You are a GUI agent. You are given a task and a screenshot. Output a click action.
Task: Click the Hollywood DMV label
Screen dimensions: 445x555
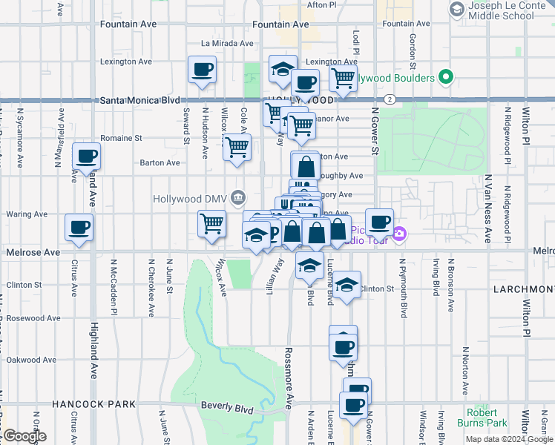190,199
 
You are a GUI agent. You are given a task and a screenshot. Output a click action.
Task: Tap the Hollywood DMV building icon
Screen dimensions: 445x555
238,197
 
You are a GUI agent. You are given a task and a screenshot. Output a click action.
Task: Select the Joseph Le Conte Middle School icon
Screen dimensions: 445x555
456,9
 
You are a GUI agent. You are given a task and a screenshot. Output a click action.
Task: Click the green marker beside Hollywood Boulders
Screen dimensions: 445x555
445,77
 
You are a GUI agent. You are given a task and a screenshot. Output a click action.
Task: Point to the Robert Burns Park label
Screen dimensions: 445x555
487,418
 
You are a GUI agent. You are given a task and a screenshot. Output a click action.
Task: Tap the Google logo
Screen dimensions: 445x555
24,436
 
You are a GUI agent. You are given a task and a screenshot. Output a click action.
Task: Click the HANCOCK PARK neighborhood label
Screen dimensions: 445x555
93,404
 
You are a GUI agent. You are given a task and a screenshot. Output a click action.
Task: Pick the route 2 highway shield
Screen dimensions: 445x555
389,99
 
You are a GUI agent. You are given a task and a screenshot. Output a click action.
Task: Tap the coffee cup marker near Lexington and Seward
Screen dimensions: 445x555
203,70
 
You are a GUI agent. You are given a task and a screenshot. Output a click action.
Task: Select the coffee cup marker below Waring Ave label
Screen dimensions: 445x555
79,228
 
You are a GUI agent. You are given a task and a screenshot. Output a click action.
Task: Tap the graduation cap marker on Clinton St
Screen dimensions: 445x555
347,285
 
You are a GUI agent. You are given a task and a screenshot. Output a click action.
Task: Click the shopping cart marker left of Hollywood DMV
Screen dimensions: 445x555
211,222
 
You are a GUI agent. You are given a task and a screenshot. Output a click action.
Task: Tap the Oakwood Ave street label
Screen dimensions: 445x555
32,360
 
